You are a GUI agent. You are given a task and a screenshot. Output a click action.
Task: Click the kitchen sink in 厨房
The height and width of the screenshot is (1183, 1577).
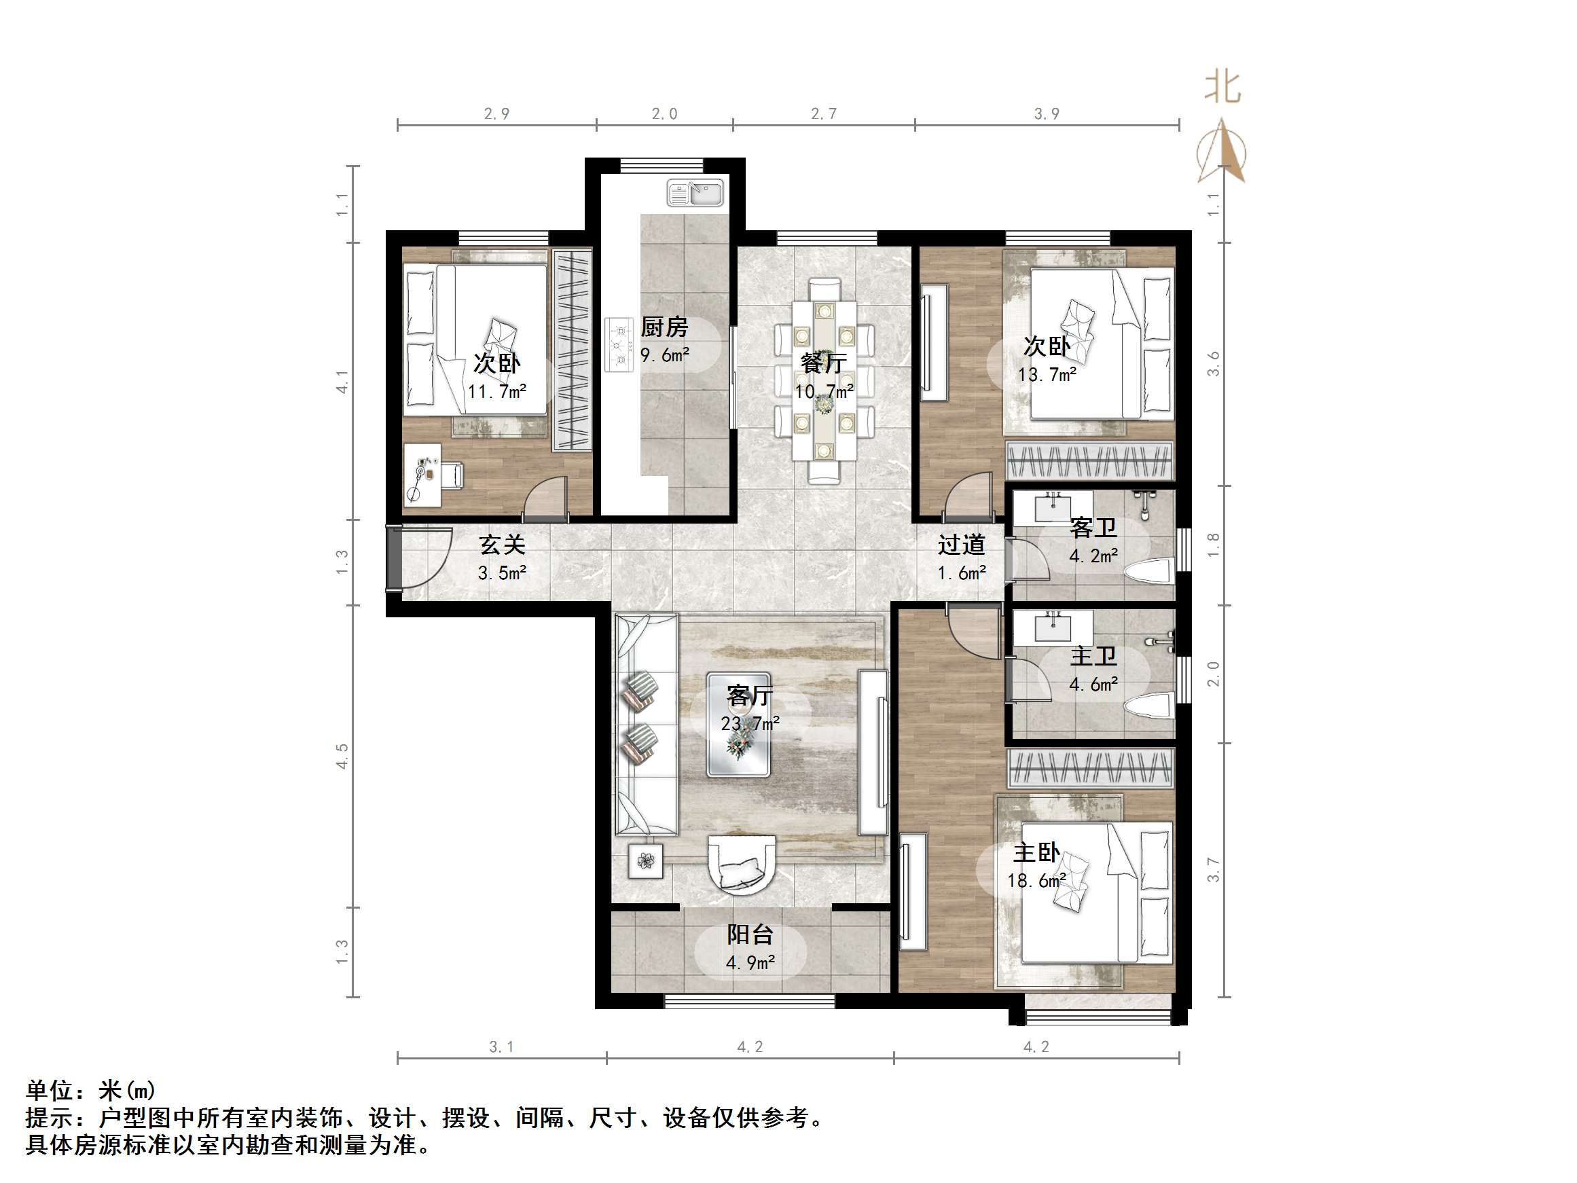[695, 193]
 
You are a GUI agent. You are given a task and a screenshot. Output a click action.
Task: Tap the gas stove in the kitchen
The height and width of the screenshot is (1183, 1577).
[619, 344]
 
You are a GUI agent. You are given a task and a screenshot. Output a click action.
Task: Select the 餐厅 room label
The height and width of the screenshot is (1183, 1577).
[823, 362]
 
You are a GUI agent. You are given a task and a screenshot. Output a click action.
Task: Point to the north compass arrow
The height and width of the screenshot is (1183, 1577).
[1222, 151]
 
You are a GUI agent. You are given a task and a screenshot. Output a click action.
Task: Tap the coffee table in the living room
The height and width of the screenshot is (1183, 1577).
[739, 724]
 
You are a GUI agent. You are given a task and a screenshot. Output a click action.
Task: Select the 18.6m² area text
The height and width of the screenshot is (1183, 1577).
[1037, 881]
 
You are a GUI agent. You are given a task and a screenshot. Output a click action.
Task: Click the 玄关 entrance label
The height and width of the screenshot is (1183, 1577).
[502, 545]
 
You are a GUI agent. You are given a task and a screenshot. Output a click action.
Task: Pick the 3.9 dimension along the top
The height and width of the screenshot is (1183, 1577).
[1047, 113]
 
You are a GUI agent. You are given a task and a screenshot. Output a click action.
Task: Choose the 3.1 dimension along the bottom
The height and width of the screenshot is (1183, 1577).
[501, 1046]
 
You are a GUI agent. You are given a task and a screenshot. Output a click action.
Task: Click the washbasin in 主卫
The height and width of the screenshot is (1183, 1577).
[1053, 627]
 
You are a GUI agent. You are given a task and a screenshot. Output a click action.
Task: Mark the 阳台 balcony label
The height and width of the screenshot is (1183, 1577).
[750, 934]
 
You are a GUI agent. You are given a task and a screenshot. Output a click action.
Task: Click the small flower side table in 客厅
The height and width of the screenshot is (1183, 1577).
[646, 861]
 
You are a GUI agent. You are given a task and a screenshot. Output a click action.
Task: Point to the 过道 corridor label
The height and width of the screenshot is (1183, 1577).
[961, 545]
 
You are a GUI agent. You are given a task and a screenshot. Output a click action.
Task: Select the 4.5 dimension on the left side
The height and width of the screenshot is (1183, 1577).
[343, 756]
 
